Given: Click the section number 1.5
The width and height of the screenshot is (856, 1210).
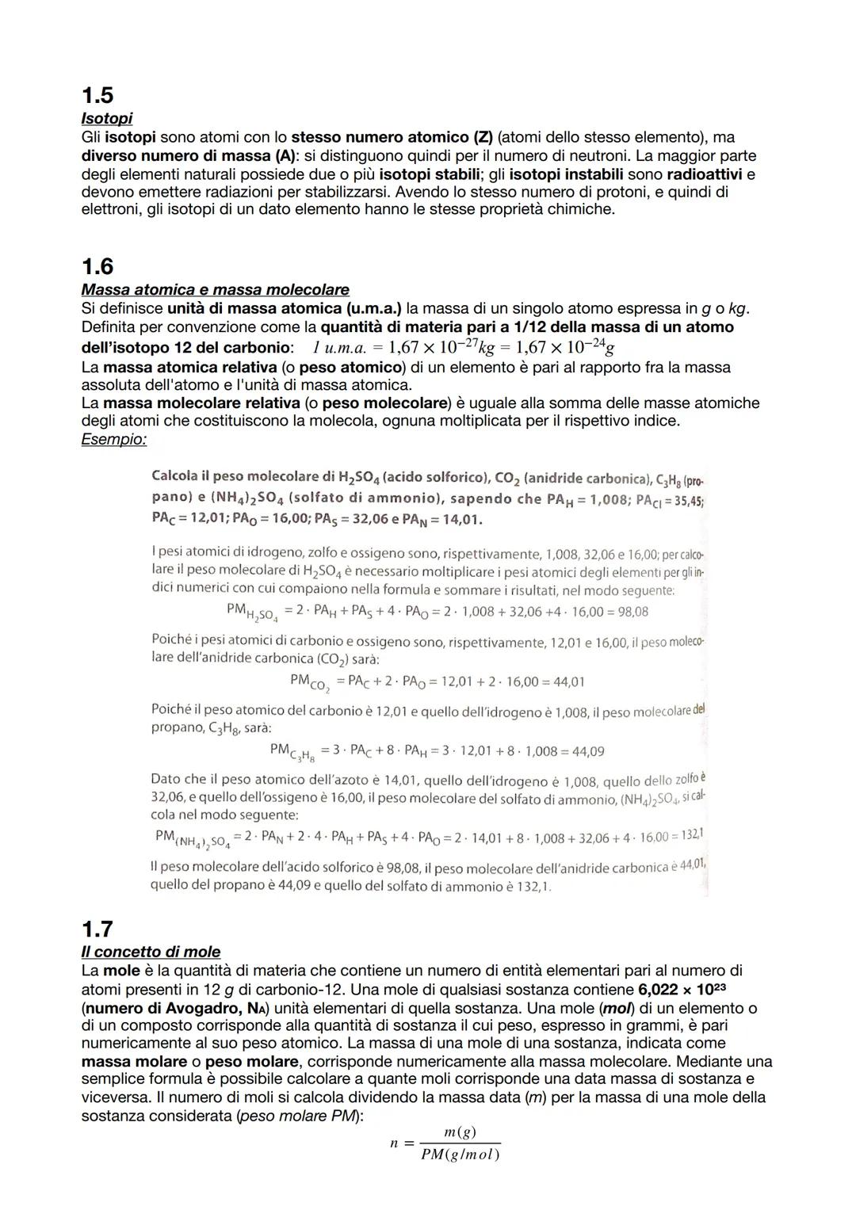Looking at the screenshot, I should (x=97, y=96).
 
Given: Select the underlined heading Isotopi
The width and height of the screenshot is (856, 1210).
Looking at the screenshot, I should (x=107, y=119).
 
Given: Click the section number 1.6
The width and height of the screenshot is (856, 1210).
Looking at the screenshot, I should (x=97, y=266).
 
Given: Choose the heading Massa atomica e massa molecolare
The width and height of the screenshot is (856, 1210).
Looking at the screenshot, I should (x=215, y=290).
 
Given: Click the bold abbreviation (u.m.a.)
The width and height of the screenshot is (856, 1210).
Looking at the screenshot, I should (x=365, y=308).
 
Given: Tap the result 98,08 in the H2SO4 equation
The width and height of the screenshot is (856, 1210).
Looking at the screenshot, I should (x=631, y=612).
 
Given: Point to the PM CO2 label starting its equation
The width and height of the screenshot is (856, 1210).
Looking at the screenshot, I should (x=309, y=682).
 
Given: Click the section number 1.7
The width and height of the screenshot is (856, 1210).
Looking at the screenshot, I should (x=97, y=929).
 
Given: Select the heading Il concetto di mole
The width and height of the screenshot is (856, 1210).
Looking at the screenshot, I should (x=151, y=952).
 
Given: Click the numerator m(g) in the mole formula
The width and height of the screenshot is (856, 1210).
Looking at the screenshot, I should (x=460, y=1132).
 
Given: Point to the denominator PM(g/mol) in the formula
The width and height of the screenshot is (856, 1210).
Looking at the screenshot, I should (x=460, y=1155).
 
